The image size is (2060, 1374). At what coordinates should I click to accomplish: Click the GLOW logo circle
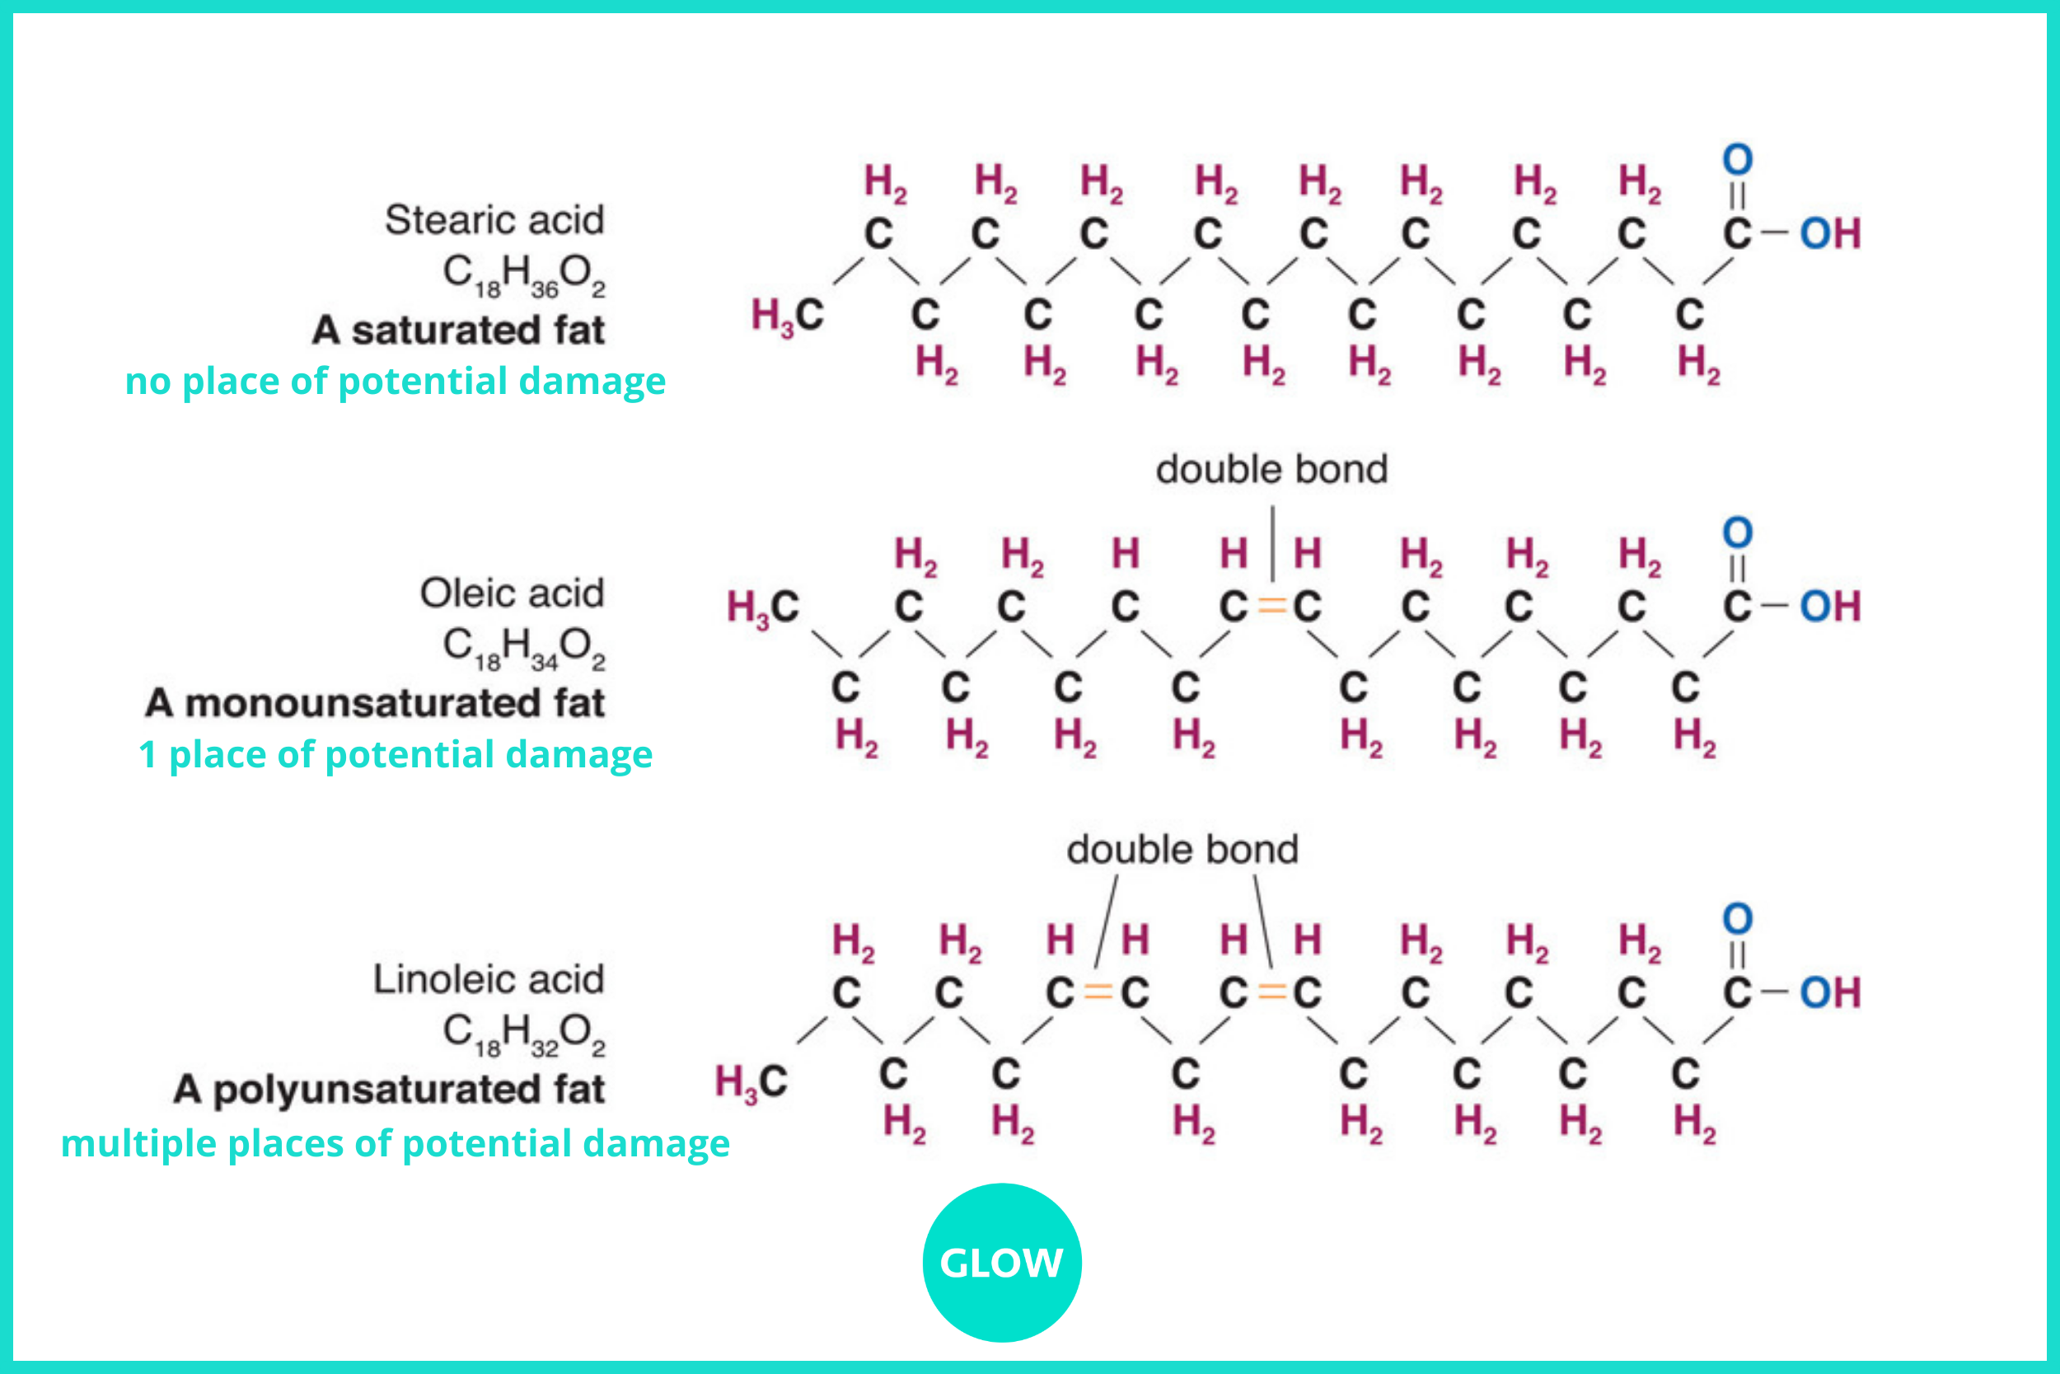click(x=1002, y=1263)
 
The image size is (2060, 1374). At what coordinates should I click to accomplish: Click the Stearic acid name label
click(x=495, y=220)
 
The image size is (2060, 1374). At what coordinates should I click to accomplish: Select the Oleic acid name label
click(x=513, y=593)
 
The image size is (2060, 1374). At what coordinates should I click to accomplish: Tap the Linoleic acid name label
click(x=489, y=980)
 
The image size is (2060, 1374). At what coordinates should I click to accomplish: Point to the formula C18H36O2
click(x=524, y=275)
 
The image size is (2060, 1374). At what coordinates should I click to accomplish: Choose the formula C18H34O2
click(x=524, y=649)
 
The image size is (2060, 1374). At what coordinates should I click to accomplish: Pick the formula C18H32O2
click(x=524, y=1034)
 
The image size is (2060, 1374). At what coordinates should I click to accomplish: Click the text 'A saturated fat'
click(x=459, y=331)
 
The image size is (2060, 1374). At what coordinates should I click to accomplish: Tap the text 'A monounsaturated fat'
click(x=375, y=704)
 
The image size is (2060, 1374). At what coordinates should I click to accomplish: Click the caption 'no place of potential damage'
click(x=395, y=381)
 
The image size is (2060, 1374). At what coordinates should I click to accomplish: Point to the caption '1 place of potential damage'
click(x=395, y=754)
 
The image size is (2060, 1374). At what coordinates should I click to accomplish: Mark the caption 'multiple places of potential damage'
click(x=395, y=1143)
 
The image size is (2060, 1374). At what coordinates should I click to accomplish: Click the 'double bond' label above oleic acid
click(x=1271, y=470)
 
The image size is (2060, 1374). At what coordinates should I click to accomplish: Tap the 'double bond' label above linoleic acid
click(x=1182, y=850)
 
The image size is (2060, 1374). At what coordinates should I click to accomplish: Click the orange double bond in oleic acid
click(x=1271, y=607)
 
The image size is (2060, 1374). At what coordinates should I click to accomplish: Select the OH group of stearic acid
click(x=1829, y=234)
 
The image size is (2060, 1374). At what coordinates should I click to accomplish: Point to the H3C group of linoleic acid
click(x=751, y=1082)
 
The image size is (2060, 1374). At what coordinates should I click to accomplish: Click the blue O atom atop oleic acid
click(x=1738, y=532)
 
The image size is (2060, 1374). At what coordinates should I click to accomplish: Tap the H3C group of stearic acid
click(x=788, y=316)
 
